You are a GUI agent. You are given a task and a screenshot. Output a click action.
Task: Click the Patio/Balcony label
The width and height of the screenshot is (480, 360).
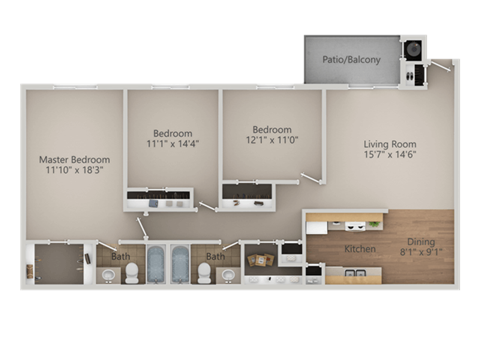351,60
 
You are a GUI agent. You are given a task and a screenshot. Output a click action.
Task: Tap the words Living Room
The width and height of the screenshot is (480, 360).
388,143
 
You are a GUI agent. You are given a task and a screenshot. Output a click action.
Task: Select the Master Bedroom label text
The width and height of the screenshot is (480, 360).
74,160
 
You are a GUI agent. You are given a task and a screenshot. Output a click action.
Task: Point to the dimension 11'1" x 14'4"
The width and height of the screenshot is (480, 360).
172,145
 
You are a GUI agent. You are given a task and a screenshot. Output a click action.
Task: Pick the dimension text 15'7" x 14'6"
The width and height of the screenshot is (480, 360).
388,156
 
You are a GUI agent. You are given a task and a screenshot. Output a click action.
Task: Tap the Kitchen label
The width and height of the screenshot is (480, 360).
359,248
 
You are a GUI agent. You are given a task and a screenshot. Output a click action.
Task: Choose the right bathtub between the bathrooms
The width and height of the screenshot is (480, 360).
180,265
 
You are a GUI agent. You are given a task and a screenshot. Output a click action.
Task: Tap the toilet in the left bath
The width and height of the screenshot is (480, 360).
131,273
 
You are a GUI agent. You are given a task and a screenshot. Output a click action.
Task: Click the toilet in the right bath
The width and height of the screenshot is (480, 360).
205,273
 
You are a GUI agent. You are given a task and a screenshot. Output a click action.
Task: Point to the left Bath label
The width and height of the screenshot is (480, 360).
121,257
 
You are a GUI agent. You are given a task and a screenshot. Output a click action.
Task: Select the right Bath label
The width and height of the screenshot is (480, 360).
215,257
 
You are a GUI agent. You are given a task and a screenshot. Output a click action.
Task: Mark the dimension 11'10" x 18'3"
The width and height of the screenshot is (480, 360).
74,172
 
